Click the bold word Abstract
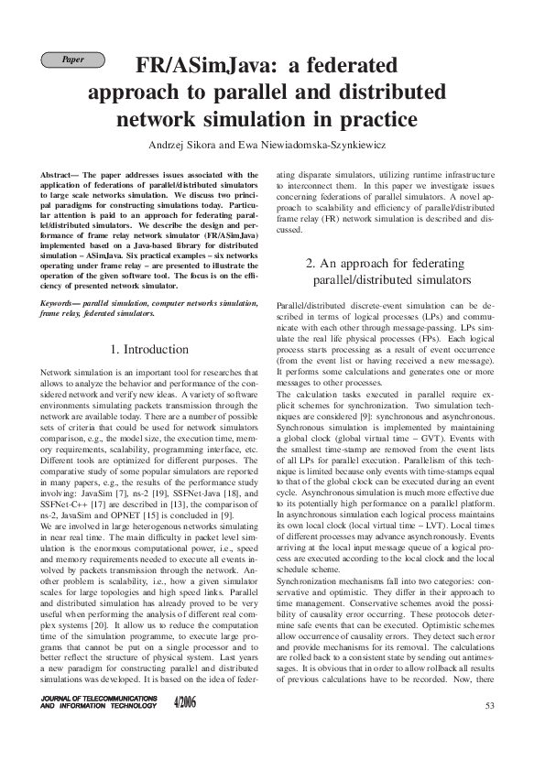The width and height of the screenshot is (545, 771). (59, 173)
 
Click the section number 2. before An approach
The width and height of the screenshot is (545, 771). (311, 263)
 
